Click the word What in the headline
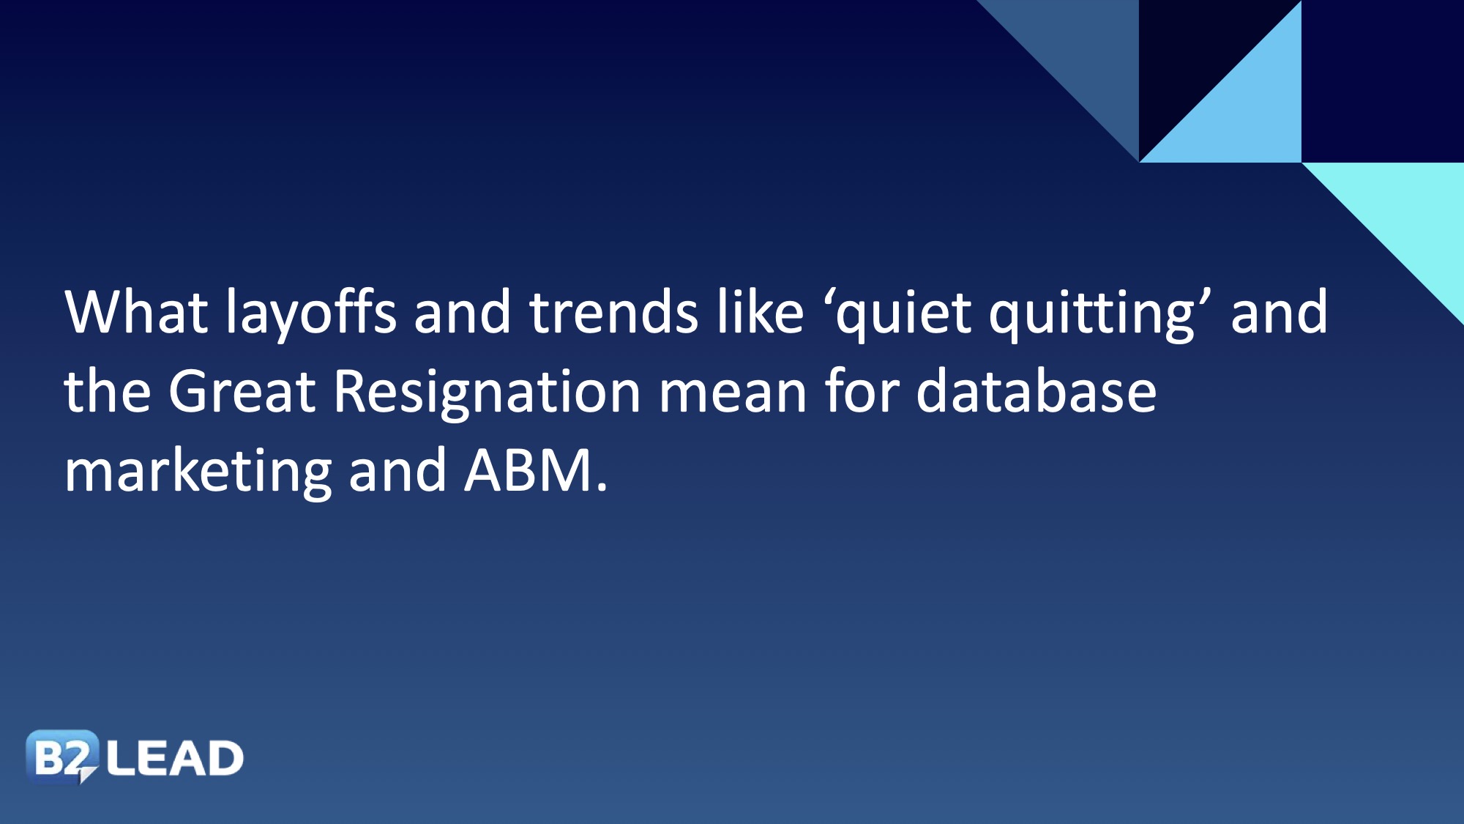coord(136,311)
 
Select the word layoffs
coord(311,313)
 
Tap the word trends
coord(614,311)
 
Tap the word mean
coord(733,396)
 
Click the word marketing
coord(198,473)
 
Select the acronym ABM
coord(529,470)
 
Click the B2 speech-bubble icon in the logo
coord(61,757)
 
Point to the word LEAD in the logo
coord(175,758)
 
